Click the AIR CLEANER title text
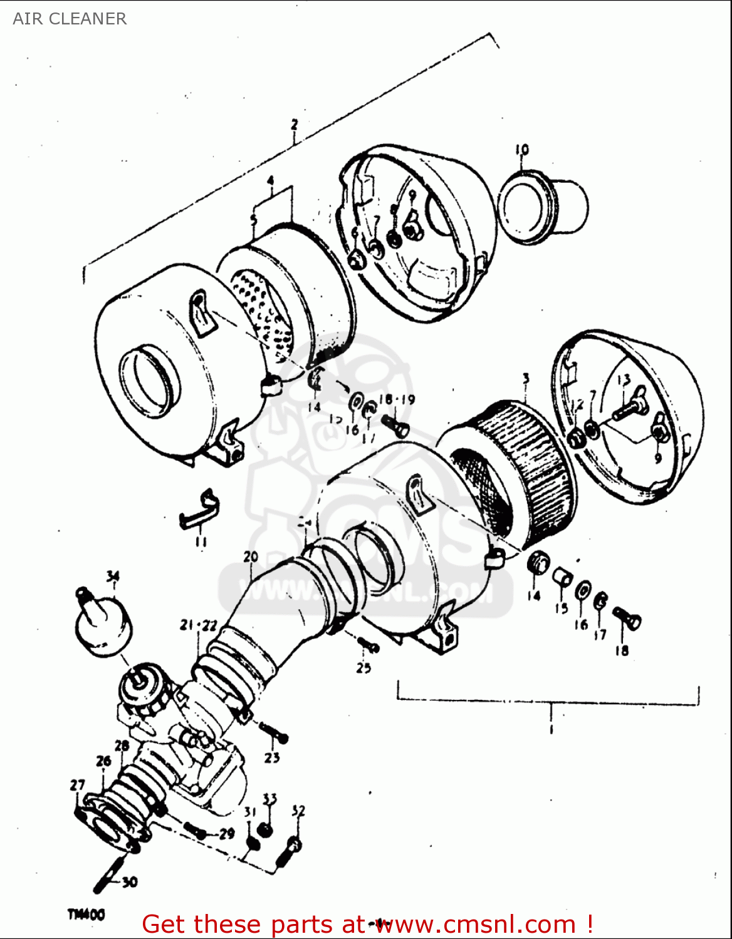pyautogui.click(x=70, y=19)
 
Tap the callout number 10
pyautogui.click(x=522, y=150)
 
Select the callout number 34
pyautogui.click(x=112, y=577)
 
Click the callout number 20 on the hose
pyautogui.click(x=251, y=557)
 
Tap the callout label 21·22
pyautogui.click(x=199, y=625)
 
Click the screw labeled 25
pyautogui.click(x=368, y=644)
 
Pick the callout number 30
pyautogui.click(x=129, y=883)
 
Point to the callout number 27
pyautogui.click(x=77, y=785)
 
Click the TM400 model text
pyautogui.click(x=86, y=915)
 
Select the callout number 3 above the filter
pyautogui.click(x=526, y=379)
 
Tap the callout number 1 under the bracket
pyautogui.click(x=551, y=730)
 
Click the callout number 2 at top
pyautogui.click(x=295, y=125)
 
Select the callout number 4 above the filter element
pyautogui.click(x=270, y=180)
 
